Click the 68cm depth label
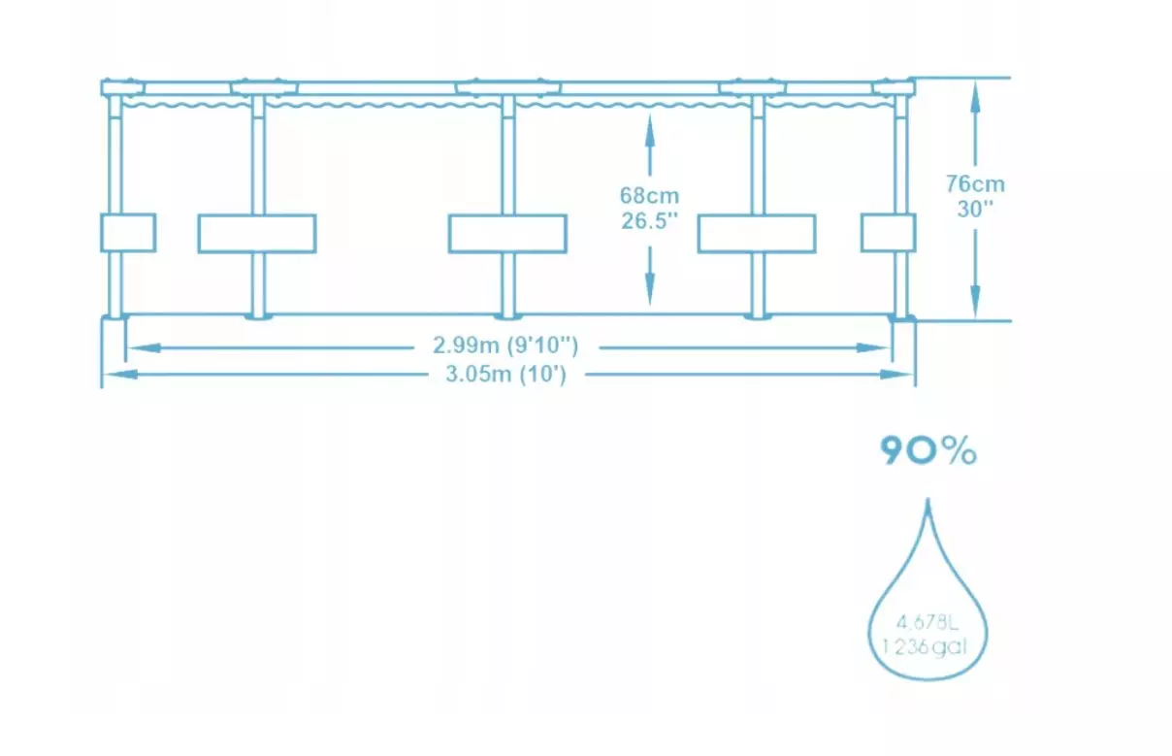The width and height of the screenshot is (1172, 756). [x=649, y=195]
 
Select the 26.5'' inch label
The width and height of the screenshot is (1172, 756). [x=649, y=220]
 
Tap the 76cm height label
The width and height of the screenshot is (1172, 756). [x=975, y=183]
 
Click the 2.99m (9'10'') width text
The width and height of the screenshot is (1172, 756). [x=506, y=345]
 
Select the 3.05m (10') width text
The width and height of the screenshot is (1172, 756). [x=506, y=375]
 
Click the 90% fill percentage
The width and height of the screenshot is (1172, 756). [x=928, y=451]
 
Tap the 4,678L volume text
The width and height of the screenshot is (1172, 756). [x=928, y=621]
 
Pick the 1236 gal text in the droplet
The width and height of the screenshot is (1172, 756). [x=928, y=644]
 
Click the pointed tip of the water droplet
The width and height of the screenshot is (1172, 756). [x=928, y=503]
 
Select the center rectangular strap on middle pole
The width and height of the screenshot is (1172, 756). [x=506, y=234]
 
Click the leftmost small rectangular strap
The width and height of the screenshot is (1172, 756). [x=128, y=233]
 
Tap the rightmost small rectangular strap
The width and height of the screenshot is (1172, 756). [x=888, y=233]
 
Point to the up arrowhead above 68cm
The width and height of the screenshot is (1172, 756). [x=649, y=120]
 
